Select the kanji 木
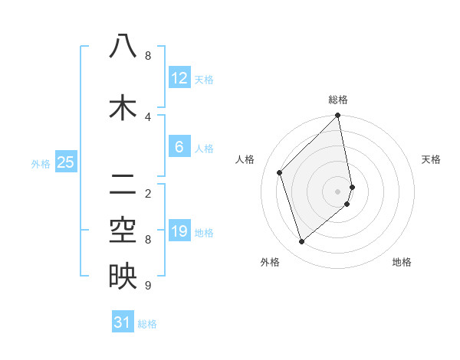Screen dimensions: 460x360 point(123,107)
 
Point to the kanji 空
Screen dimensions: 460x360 point(123,229)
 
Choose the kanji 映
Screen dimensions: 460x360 point(123,276)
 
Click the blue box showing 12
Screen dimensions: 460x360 point(179,78)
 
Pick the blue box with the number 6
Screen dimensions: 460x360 point(179,147)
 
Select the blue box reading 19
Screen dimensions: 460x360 point(179,231)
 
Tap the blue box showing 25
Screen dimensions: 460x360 point(66,162)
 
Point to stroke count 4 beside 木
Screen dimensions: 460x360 point(148,116)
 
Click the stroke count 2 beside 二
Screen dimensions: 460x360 point(148,193)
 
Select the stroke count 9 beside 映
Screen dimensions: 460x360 point(148,286)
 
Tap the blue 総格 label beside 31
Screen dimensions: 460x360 point(147,324)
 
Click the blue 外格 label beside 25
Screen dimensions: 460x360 point(41,163)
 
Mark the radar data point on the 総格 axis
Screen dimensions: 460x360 point(338,116)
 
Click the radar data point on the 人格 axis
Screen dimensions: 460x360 point(280,172)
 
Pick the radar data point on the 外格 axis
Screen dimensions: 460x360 point(302,242)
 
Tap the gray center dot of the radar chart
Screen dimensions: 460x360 point(338,191)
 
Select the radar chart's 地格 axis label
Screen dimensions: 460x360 point(402,262)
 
